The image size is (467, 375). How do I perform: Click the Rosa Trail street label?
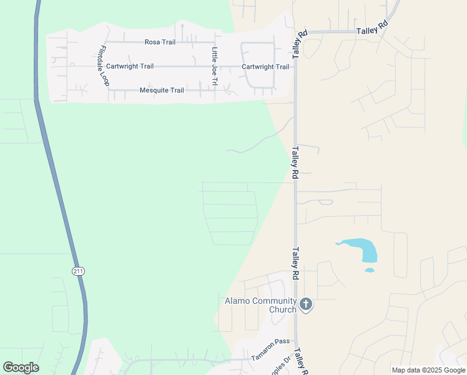pyautogui.click(x=160, y=42)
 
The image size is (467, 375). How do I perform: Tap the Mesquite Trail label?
pyautogui.click(x=162, y=90)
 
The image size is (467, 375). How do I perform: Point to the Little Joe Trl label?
pyautogui.click(x=215, y=67)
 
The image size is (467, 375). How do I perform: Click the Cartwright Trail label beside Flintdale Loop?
pyautogui.click(x=130, y=66)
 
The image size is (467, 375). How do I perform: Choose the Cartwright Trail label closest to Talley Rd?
pyautogui.click(x=265, y=67)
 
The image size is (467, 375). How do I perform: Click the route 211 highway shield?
pyautogui.click(x=77, y=271)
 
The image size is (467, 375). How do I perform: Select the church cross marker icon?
pyautogui.click(x=305, y=304)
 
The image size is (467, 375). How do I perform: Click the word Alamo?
pyautogui.click(x=238, y=301)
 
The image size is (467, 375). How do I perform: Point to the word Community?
pyautogui.click(x=274, y=301)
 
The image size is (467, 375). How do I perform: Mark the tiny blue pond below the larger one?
pyautogui.click(x=369, y=271)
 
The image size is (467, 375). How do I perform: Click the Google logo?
pyautogui.click(x=21, y=367)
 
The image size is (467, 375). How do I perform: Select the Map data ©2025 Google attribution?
pyautogui.click(x=428, y=370)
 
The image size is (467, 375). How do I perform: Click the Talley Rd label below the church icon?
pyautogui.click(x=302, y=361)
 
